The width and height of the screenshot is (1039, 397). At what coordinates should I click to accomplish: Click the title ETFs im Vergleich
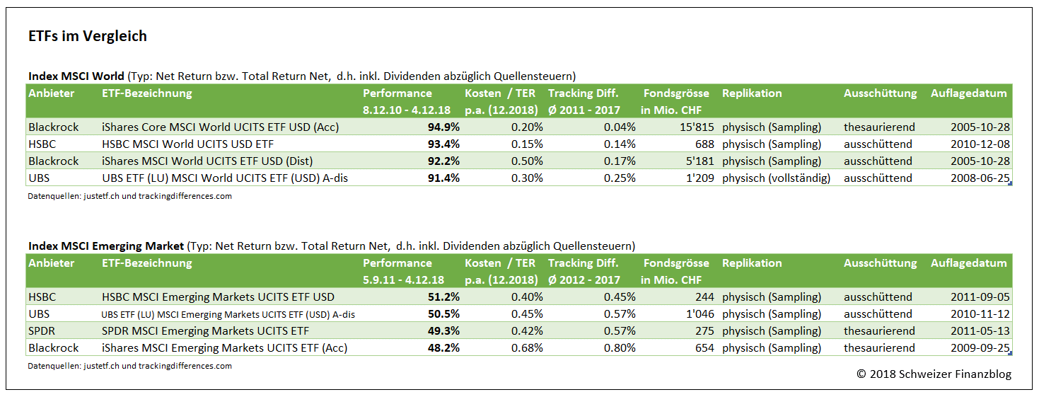(x=88, y=37)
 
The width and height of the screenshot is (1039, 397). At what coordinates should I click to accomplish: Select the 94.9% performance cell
(x=443, y=127)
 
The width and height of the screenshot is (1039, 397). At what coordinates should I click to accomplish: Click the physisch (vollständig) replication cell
(x=776, y=178)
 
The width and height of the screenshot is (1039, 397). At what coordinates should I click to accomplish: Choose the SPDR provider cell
(x=42, y=331)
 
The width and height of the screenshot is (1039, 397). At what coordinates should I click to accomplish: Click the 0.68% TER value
(x=527, y=348)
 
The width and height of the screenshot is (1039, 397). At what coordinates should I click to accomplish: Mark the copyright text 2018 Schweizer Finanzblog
(x=934, y=374)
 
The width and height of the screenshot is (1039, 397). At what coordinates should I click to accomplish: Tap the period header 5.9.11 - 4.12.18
(x=403, y=280)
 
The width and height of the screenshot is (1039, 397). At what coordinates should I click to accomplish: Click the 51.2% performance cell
(x=443, y=297)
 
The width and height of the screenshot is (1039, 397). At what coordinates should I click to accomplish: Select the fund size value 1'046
(x=697, y=314)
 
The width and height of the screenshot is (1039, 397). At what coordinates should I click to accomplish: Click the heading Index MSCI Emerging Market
(x=105, y=246)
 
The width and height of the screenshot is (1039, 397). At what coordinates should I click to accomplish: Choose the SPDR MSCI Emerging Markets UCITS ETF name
(x=205, y=331)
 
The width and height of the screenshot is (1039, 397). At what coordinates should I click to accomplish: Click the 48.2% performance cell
(x=443, y=348)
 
